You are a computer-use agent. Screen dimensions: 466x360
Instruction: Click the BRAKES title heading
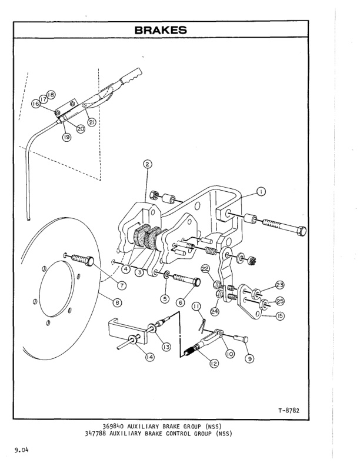160,29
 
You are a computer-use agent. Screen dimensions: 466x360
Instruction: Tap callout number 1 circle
261,191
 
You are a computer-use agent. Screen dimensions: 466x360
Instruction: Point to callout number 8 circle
118,302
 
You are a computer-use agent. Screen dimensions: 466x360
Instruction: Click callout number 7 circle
121,285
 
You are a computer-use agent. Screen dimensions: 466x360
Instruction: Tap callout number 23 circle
280,285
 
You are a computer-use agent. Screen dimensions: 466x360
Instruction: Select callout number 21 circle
92,122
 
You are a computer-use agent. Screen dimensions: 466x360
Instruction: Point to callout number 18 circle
51,95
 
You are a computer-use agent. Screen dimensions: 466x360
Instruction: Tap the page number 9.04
22,451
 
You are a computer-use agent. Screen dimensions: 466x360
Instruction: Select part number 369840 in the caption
114,427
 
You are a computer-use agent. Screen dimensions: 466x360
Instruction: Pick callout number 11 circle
195,307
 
